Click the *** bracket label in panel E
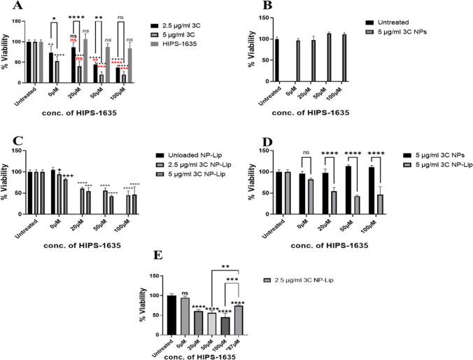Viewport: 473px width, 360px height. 231,281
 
